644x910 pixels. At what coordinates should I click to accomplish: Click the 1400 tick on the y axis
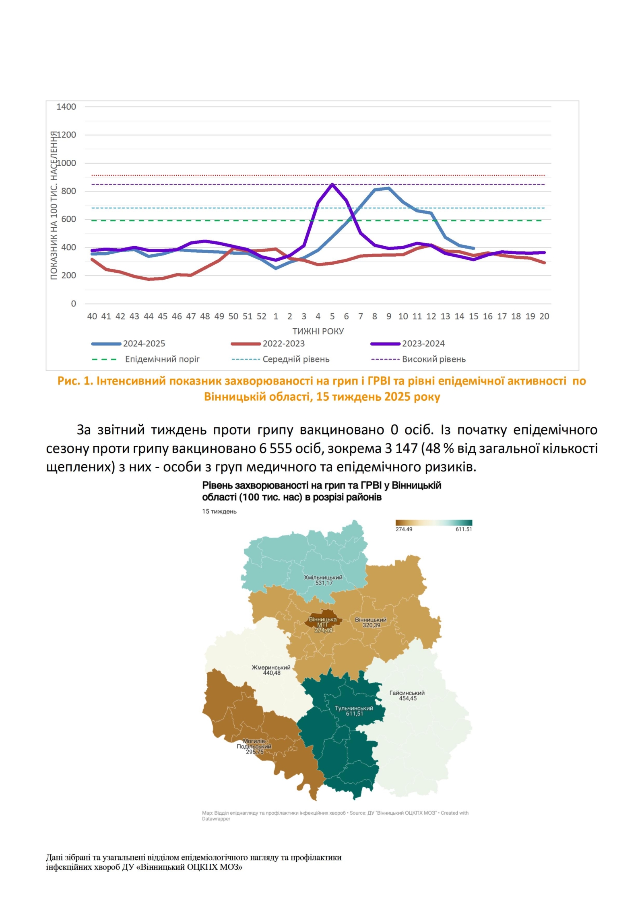click(x=66, y=107)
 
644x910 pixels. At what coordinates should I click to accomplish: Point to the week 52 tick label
click(x=261, y=317)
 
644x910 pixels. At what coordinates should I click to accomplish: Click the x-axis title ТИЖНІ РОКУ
click(x=318, y=331)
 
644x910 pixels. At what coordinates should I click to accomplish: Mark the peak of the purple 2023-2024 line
click(x=332, y=184)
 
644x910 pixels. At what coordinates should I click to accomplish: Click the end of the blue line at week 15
click(x=474, y=249)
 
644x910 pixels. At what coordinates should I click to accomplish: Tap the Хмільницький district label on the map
click(x=323, y=578)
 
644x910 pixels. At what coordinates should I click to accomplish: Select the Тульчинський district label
click(x=354, y=708)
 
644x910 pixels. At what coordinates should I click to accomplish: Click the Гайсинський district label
click(x=407, y=693)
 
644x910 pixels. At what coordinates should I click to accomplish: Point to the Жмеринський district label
click(x=271, y=667)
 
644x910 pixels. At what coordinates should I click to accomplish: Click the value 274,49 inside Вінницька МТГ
click(x=323, y=630)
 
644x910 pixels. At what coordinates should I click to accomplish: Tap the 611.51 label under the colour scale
click(x=464, y=529)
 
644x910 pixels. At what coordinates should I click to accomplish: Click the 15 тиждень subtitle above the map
click(x=219, y=512)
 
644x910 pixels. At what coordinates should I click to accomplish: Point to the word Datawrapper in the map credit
click(x=216, y=819)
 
